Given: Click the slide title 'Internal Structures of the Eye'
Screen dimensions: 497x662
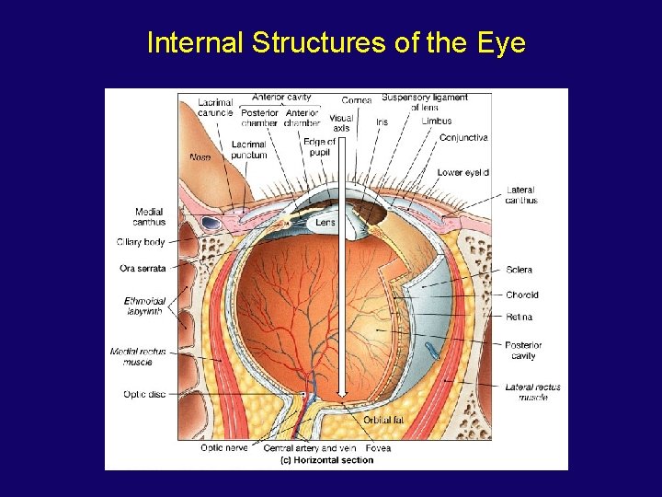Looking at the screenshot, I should pos(336,42).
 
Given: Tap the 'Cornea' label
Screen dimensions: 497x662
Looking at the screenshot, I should pos(357,99).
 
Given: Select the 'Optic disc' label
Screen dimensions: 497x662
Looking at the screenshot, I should pos(143,394).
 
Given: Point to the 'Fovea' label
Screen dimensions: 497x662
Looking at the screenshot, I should pos(377,448).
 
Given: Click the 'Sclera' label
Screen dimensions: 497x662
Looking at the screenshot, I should pos(519,270).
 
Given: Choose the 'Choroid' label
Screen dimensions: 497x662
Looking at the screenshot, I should pos(521,295).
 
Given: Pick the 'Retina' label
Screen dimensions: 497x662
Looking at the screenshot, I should pos(519,317).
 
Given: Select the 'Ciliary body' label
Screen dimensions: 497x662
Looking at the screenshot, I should pos(141,242).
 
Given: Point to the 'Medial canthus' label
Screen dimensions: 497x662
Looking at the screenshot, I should pos(149,216).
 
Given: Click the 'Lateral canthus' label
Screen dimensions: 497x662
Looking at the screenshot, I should pos(521,195).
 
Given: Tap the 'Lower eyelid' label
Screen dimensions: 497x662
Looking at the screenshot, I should pos(462,172).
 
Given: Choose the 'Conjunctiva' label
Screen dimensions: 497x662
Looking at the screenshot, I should pos(463,138).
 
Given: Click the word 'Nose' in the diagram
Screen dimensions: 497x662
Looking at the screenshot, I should pos(200,157).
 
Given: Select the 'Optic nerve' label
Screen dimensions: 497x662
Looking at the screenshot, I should pos(223,448).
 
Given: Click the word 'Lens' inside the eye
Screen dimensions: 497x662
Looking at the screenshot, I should pos(325,222).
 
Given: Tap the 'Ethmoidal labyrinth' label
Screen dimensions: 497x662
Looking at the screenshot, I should pos(145,306).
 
